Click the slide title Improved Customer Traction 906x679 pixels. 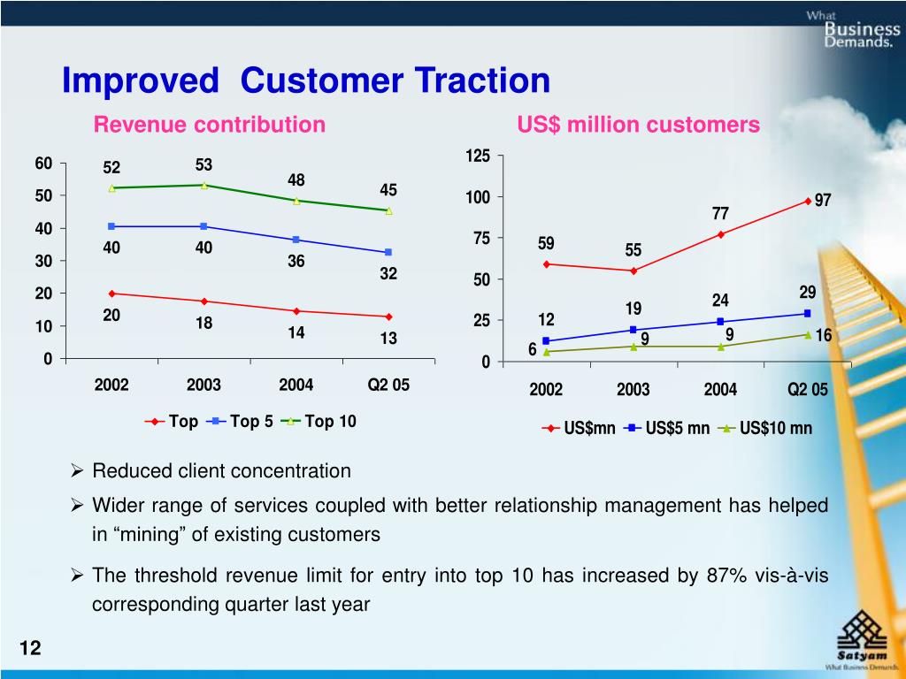tap(305, 80)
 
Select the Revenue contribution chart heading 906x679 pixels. tap(210, 125)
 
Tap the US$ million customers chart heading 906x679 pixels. tap(638, 126)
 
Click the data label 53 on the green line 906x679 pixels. tap(204, 165)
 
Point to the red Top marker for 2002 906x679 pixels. tap(111, 294)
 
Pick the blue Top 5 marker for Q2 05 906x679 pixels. tap(388, 253)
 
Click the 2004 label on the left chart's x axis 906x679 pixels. tap(296, 385)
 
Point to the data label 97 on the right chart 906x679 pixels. tap(823, 201)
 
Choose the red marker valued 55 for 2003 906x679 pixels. tap(633, 271)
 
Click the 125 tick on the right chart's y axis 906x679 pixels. tap(477, 156)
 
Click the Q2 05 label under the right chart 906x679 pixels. tap(807, 390)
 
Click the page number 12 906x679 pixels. tap(30, 649)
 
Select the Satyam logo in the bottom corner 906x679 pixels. tap(862, 641)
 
